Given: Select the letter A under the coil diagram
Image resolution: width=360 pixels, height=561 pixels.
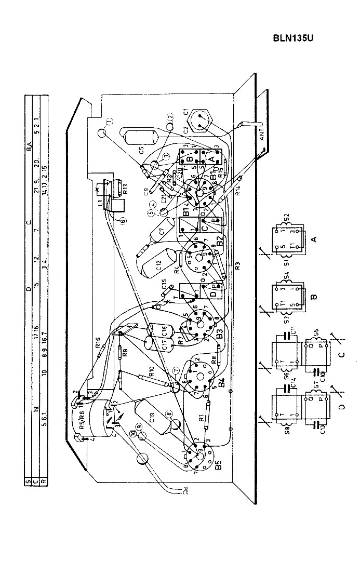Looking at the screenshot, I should pos(313,238).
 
